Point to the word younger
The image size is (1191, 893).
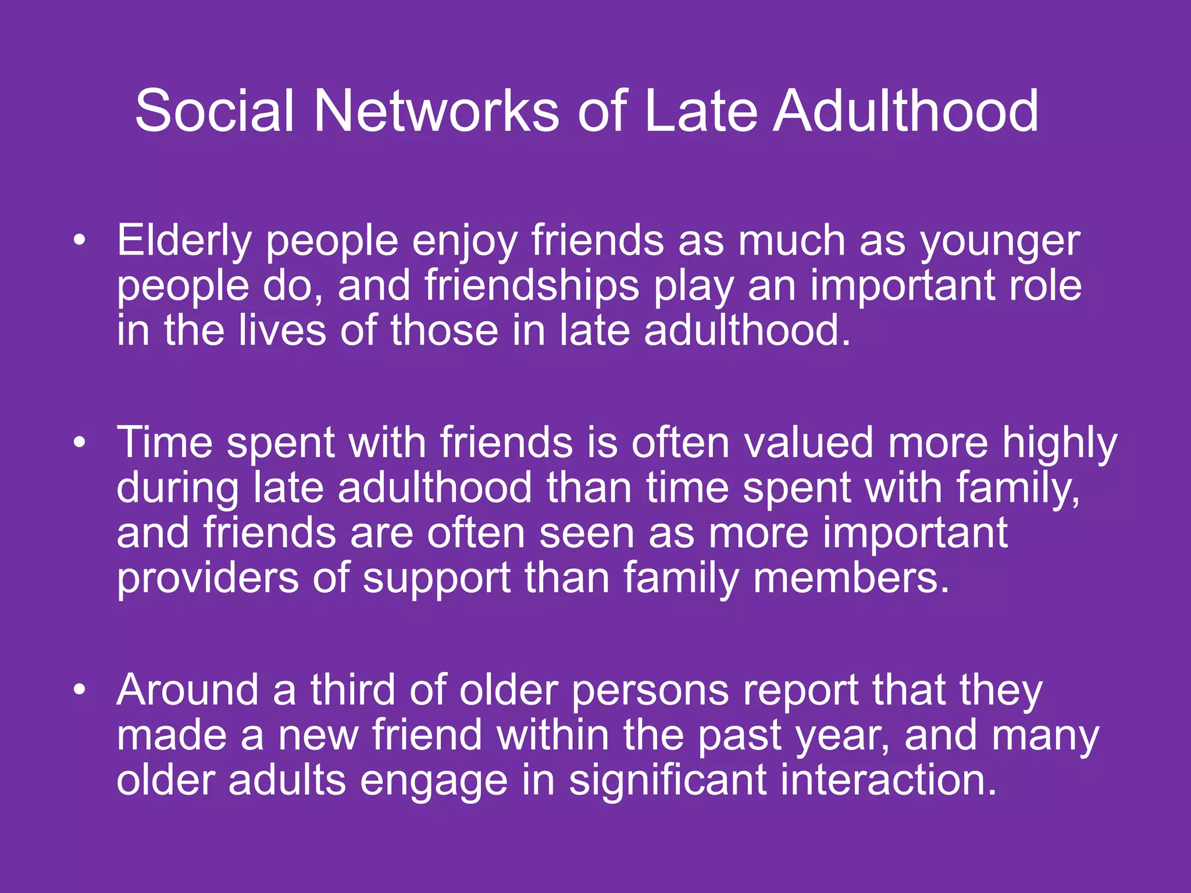pos(1000,241)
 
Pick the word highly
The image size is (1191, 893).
pos(1059,442)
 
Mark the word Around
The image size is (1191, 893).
pos(187,690)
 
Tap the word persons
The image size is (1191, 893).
pos(650,690)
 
